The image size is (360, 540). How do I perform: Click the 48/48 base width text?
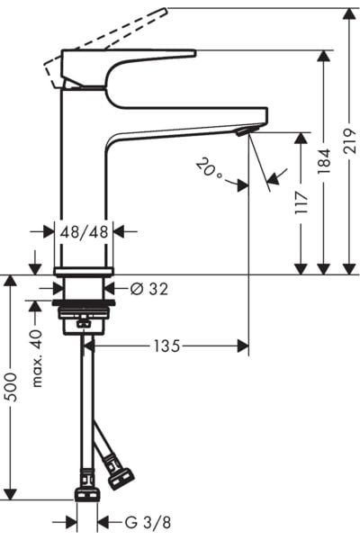[x=84, y=231]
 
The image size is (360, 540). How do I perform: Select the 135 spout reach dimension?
[x=166, y=346]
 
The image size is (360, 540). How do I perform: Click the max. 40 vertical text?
[x=37, y=357]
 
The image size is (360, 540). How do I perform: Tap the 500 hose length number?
[x=11, y=387]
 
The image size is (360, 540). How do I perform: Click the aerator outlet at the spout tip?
[x=239, y=132]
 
